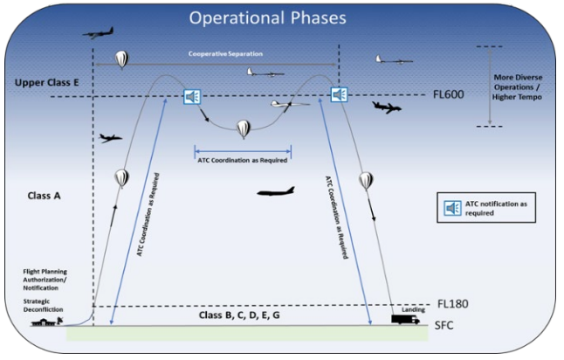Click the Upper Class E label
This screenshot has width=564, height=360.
(47, 82)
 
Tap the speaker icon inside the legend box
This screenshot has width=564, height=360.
(453, 208)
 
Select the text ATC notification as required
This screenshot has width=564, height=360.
(499, 208)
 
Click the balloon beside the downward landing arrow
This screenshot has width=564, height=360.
(365, 182)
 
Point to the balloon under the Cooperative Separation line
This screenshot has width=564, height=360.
(122, 59)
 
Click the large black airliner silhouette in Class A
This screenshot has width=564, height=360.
(275, 191)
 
